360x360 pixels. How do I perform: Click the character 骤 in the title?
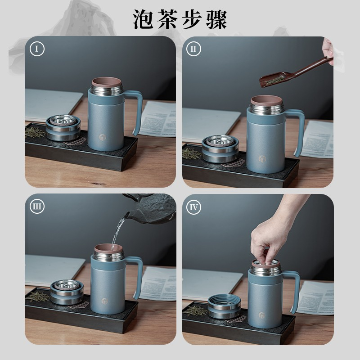(216, 19)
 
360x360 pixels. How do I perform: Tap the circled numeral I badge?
(37, 49)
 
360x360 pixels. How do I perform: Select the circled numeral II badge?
(193, 49)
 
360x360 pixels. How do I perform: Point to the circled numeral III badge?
(37, 206)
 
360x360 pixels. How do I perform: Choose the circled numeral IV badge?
(193, 207)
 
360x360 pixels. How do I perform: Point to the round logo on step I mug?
(103, 138)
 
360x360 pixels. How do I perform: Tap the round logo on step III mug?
(104, 301)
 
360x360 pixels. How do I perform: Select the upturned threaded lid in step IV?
(224, 307)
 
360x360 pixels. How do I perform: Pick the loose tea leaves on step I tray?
(35, 132)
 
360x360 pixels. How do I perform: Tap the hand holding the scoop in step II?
(328, 49)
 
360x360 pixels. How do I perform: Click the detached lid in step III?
(67, 292)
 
